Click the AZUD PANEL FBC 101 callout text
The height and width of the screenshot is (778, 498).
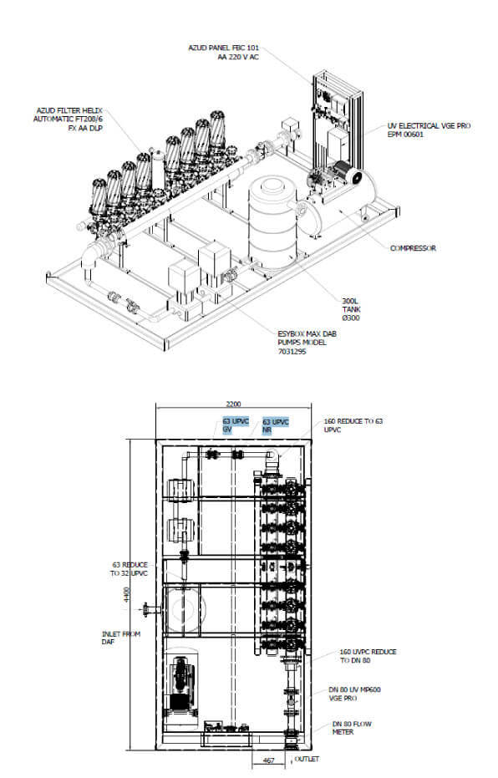click(x=223, y=53)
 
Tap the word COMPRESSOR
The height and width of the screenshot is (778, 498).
click(x=413, y=248)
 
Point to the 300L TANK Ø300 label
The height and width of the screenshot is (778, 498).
click(x=351, y=309)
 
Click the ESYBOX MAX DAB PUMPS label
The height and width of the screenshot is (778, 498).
click(x=307, y=343)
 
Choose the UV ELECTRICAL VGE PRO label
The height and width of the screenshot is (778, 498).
click(x=429, y=130)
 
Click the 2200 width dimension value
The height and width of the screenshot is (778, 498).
click(x=233, y=404)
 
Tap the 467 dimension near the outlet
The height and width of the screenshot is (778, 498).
click(x=268, y=760)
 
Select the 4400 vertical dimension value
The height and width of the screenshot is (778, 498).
click(x=127, y=594)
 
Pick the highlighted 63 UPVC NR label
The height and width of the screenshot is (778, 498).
click(x=275, y=425)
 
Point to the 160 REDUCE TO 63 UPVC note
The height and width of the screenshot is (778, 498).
click(x=353, y=425)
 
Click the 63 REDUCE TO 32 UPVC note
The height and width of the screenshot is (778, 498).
click(x=130, y=568)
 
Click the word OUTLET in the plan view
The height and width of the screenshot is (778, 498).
click(x=307, y=759)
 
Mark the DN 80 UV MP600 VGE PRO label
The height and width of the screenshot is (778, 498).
click(x=354, y=694)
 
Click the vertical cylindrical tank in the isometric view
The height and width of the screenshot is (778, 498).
click(x=272, y=223)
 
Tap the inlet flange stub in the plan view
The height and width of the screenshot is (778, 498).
click(x=151, y=609)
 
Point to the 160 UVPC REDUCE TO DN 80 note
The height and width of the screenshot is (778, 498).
click(x=368, y=656)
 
